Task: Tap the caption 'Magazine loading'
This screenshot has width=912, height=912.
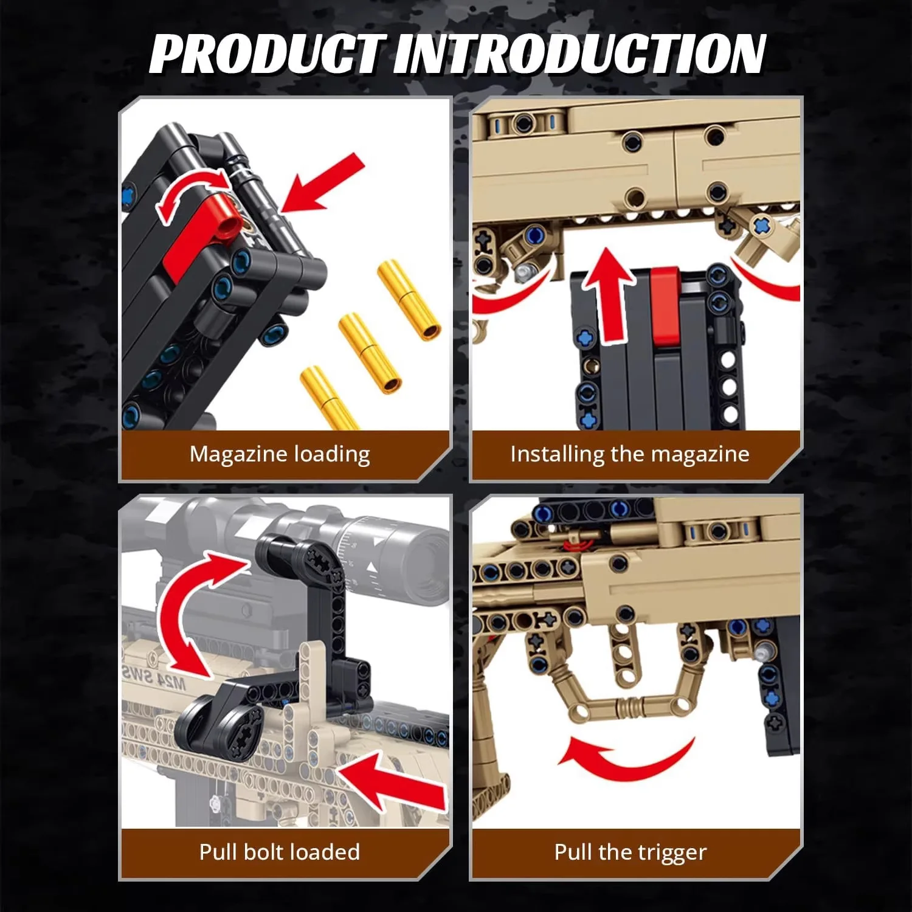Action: (x=280, y=454)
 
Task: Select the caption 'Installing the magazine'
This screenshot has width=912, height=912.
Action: (x=630, y=454)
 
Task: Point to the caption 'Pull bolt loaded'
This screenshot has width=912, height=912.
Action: (x=280, y=852)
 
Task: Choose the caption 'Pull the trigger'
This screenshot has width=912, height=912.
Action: (x=630, y=852)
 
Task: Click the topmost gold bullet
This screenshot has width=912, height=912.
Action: (x=409, y=300)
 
